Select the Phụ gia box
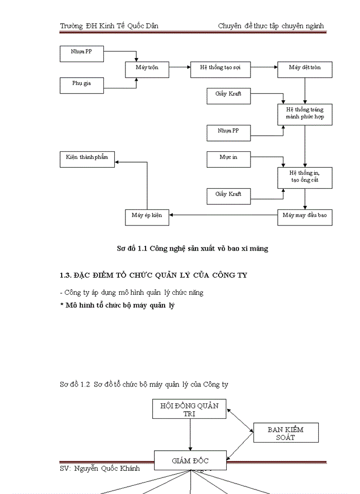pyautogui.click(x=81, y=85)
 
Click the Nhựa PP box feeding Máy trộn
pyautogui.click(x=81, y=52)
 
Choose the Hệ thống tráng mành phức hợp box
pyautogui.click(x=304, y=114)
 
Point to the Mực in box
pyautogui.click(x=228, y=158)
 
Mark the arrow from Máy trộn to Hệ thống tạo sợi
pyautogui.click(x=179, y=67)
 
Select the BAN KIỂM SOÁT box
pyautogui.click(x=285, y=433)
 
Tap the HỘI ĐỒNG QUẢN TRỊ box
pyautogui.click(x=190, y=409)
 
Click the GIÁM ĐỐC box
pyautogui.click(x=190, y=460)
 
